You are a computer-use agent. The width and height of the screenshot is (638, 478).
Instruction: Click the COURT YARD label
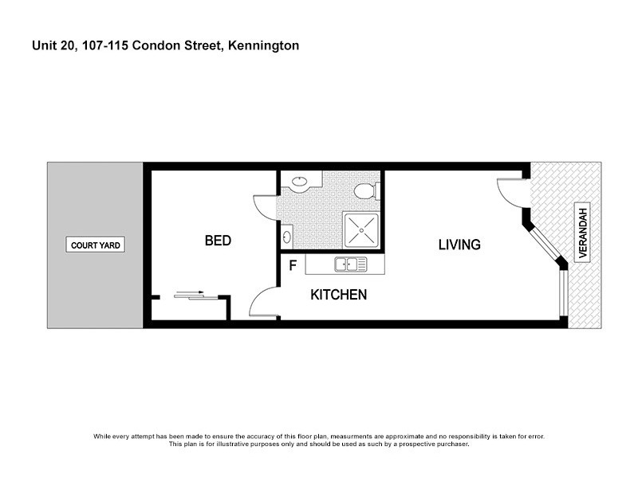coord(96,245)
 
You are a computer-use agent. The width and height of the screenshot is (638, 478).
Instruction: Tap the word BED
coord(218,241)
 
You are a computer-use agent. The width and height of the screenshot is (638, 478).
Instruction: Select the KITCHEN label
coord(338,295)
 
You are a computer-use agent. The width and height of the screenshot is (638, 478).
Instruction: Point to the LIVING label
coord(459,245)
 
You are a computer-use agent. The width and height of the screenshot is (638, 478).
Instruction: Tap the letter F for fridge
coord(293,265)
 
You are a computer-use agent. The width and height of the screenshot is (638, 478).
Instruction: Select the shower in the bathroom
coord(361,232)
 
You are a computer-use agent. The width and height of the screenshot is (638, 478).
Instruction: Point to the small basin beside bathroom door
coord(286,236)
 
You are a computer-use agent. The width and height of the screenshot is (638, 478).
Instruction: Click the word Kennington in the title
coord(264,46)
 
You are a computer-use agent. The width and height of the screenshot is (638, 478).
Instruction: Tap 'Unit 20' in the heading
coord(50,46)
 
